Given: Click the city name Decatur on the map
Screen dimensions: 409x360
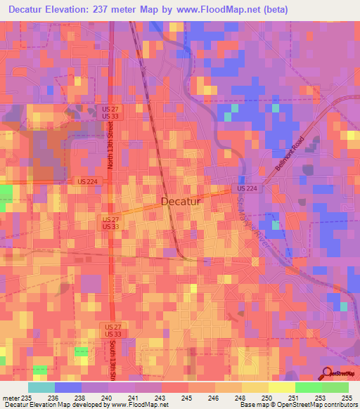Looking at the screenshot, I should pyautogui.click(x=181, y=202).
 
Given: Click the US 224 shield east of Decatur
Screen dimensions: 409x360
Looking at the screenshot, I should pyautogui.click(x=246, y=189).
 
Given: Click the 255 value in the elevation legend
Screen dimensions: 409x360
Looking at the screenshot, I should pyautogui.click(x=345, y=397).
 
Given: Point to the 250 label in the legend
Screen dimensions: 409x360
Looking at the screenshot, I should pyautogui.click(x=263, y=397).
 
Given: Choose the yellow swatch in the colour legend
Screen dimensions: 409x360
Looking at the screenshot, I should pyautogui.click(x=281, y=387).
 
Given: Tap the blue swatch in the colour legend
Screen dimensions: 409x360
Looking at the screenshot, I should pyautogui.click(x=67, y=387).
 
